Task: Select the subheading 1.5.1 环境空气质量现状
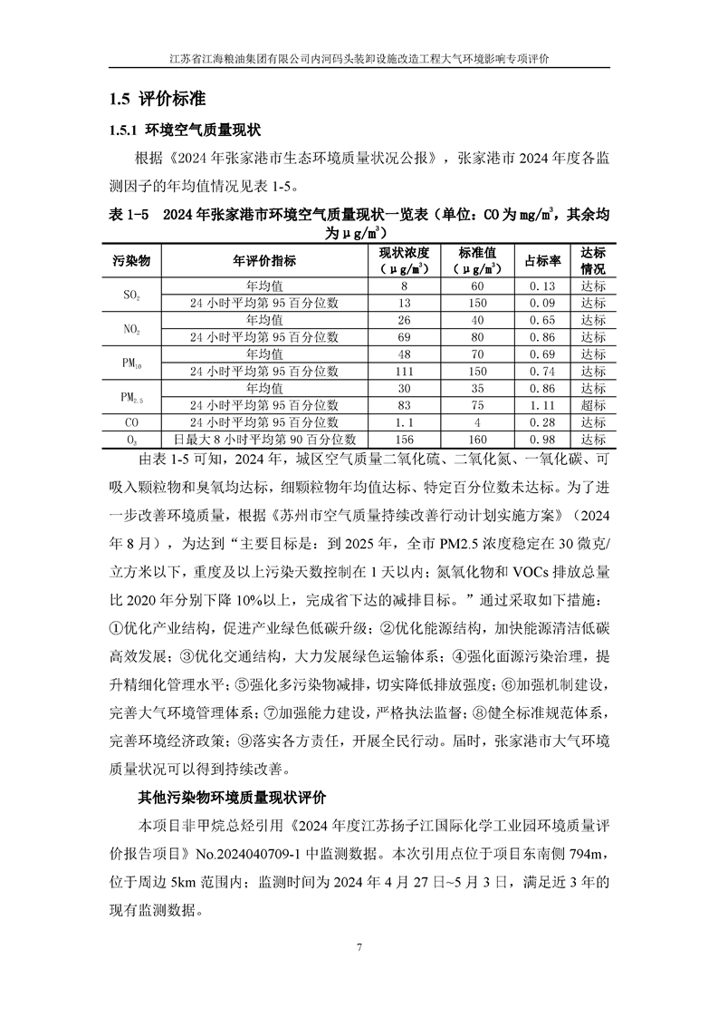tap(186, 131)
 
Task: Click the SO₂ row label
tap(131, 295)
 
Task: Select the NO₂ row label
tap(131, 329)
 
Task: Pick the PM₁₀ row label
tap(131, 363)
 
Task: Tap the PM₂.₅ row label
tap(131, 397)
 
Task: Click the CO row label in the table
tap(131, 422)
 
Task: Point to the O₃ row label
tap(131, 440)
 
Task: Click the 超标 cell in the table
tap(593, 405)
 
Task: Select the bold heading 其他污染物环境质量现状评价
tap(231, 798)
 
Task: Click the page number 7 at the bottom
tap(359, 948)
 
